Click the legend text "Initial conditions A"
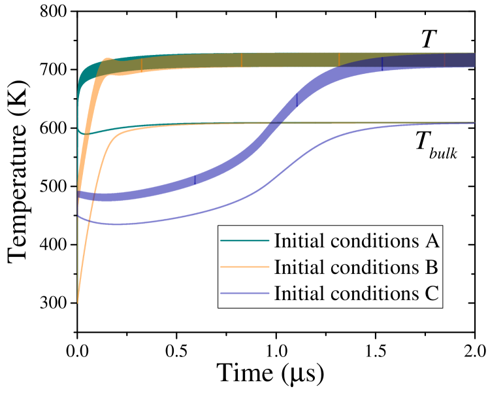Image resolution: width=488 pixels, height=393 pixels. coord(356,241)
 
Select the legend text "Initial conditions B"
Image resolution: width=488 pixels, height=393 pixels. coord(356,267)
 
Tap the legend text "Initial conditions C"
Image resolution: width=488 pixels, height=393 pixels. coord(356,293)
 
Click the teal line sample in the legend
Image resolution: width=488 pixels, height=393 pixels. coord(245,241)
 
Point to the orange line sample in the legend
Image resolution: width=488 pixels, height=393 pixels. coord(245,267)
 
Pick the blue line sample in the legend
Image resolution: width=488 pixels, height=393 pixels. coord(245,293)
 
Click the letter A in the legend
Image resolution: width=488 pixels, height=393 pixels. coord(432,241)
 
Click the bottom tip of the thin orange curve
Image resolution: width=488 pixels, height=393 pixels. coord(78,302)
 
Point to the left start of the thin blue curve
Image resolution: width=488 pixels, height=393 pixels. coord(78,216)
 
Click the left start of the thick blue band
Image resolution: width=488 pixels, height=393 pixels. coord(79,194)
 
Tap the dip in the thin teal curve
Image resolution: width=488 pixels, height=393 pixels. coord(85,133)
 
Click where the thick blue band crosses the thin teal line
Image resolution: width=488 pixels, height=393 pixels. coord(275,122)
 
